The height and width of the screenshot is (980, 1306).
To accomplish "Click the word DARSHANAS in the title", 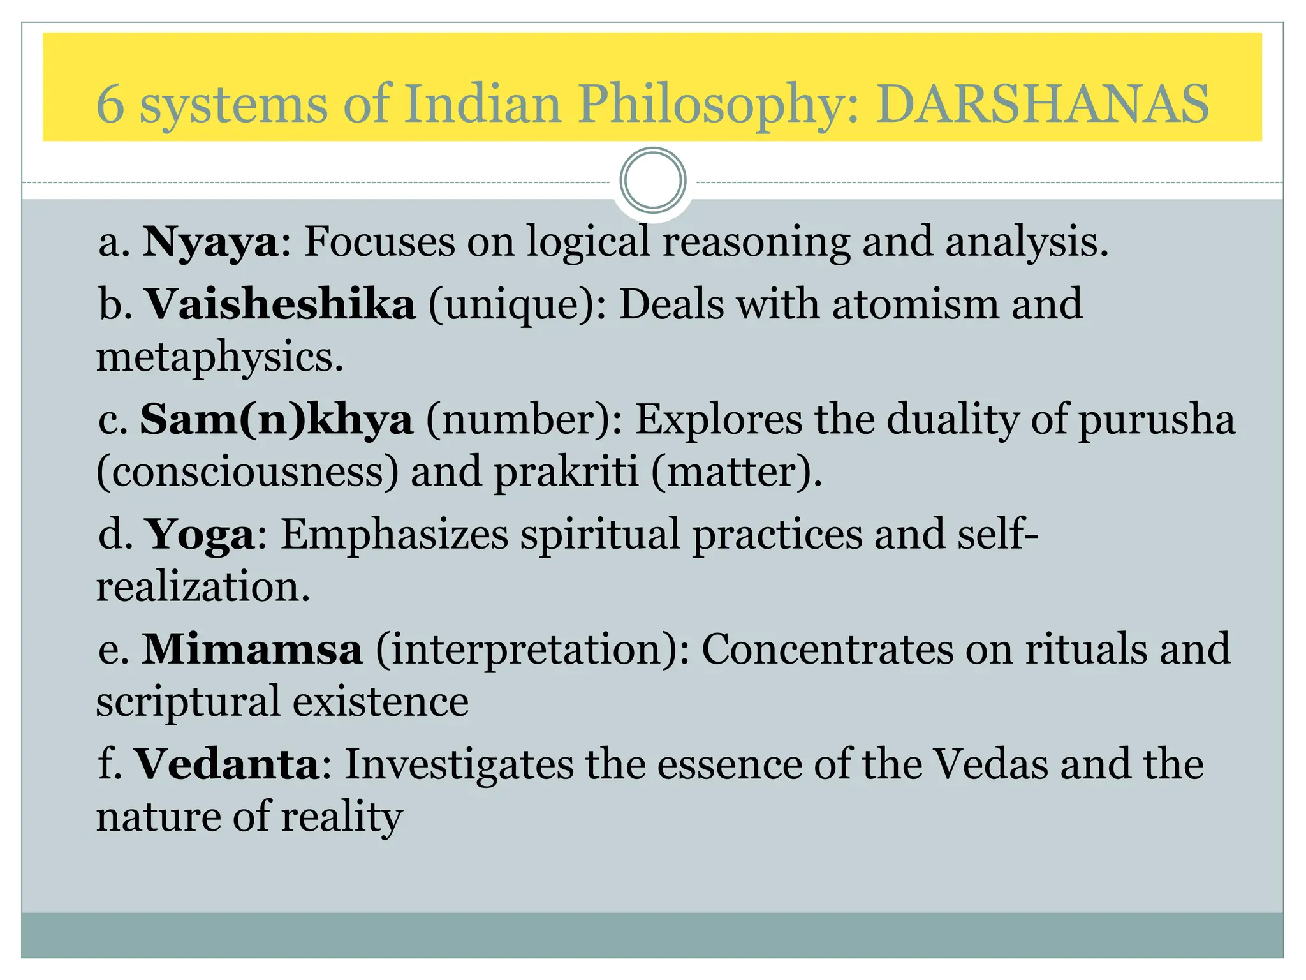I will tap(1042, 103).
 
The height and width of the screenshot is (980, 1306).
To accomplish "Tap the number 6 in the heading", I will tap(110, 103).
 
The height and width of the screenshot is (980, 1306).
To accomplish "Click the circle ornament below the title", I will tap(652, 181).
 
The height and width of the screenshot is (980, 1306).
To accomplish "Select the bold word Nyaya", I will tap(210, 243).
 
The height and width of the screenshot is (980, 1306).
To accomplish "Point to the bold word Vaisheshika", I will tap(281, 304).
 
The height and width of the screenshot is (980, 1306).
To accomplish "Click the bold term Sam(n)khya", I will tap(276, 419).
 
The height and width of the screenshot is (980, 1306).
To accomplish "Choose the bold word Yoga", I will tap(200, 535).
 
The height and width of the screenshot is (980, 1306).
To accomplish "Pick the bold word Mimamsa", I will tap(252, 649).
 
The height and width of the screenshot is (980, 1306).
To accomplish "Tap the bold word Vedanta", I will tap(227, 764).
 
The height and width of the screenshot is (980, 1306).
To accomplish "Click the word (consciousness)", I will tap(247, 472).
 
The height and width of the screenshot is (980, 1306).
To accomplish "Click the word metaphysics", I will tap(219, 357).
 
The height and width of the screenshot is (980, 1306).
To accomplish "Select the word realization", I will tap(203, 587).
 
